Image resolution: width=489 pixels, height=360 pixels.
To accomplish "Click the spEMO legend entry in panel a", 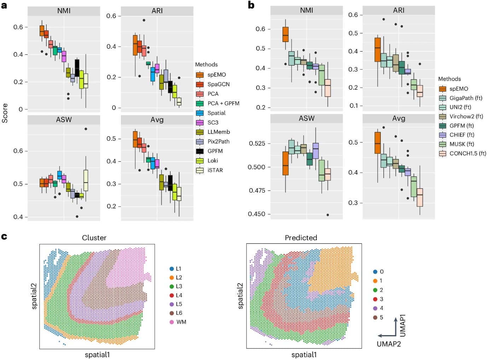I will (216, 75).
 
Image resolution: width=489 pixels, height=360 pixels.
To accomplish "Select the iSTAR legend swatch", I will (200, 170).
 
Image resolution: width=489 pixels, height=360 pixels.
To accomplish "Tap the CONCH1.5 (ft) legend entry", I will (467, 153).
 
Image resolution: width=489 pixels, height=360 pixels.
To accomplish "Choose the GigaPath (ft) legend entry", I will (465, 98).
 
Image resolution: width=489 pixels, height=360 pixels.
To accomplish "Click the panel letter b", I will (251, 5).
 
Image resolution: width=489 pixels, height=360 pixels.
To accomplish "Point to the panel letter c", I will (4, 236).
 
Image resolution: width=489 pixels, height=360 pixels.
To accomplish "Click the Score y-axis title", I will (5, 113).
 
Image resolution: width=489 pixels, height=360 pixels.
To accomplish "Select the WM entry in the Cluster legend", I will (181, 322).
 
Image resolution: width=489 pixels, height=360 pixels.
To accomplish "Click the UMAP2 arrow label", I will (389, 344).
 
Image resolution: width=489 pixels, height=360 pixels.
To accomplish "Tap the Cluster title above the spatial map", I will (94, 238).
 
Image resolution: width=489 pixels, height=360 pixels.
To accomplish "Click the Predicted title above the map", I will (301, 238).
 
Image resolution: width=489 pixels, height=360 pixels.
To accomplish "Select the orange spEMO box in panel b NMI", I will (285, 34).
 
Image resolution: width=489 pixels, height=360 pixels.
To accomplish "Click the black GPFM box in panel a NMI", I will (77, 68).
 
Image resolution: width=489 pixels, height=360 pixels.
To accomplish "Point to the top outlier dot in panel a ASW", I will (86, 129).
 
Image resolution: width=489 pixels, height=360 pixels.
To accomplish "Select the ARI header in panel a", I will (157, 11).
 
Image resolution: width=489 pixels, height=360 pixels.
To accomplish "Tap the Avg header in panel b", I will (398, 118).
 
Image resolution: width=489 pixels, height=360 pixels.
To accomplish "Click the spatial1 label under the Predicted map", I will (304, 354).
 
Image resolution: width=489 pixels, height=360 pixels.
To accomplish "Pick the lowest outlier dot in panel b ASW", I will (328, 215).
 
